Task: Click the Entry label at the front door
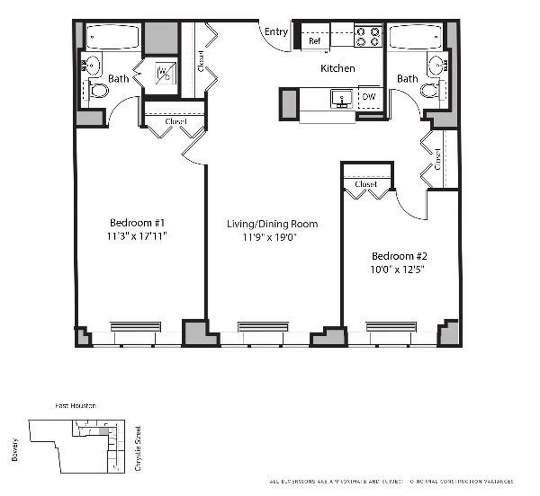point(276,32)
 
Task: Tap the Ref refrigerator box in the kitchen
point(315,41)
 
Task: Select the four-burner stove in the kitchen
point(368,36)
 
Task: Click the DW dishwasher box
point(369,97)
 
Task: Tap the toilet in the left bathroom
point(99,91)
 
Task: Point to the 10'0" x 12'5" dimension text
point(399,270)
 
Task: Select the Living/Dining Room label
point(272,224)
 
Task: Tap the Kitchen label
point(337,68)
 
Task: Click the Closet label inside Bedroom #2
point(365,184)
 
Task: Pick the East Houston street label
point(75,406)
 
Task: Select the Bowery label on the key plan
point(15,449)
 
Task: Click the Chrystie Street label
point(138,448)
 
